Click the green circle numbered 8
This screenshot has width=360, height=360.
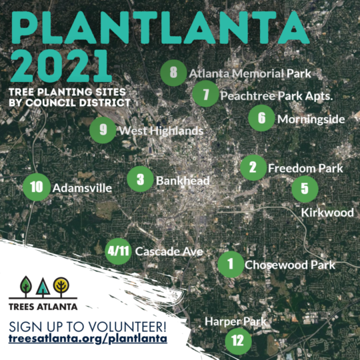(x=173, y=73)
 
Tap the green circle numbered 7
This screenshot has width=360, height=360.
(x=205, y=94)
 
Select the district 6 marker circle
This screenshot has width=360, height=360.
(x=261, y=118)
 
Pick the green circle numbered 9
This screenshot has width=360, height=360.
(x=103, y=130)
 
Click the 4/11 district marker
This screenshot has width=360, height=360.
(x=118, y=251)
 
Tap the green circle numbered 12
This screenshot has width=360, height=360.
(x=238, y=341)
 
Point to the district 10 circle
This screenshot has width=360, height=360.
(x=37, y=187)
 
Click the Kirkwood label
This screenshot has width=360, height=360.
(x=327, y=213)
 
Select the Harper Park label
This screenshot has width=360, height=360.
(x=235, y=321)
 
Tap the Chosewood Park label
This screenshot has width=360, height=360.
(x=290, y=265)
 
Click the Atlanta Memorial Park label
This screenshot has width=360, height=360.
(x=250, y=74)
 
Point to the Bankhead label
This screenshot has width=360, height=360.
(x=183, y=181)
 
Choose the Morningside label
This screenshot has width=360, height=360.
(x=311, y=119)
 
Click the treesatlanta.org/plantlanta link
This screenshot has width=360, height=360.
(x=88, y=339)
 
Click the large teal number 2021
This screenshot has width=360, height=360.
(x=61, y=65)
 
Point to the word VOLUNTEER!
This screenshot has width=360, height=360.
(x=126, y=327)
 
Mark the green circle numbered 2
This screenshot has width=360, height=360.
(x=253, y=167)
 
